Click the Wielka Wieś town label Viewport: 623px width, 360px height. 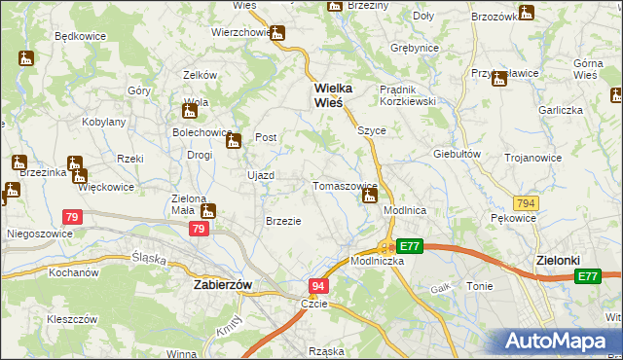pos(334,94)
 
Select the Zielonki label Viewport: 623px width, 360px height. pos(560,261)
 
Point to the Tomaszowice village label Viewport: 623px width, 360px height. pos(344,185)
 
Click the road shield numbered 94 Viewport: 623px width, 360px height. pos(318,286)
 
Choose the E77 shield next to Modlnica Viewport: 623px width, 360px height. pos(409,247)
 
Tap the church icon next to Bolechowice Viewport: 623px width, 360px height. pos(234,144)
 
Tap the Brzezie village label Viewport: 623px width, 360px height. pos(283,221)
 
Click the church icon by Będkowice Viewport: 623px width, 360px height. pos(27,59)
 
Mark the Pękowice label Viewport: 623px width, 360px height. pos(514,218)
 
